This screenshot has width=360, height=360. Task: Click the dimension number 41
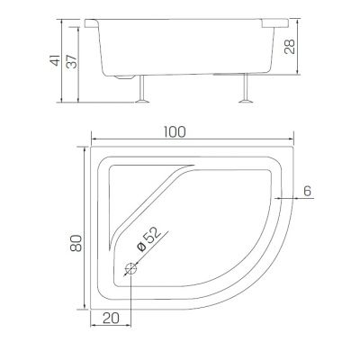click(x=55, y=60)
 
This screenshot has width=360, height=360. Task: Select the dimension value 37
click(x=72, y=61)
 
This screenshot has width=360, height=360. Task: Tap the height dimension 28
click(x=290, y=46)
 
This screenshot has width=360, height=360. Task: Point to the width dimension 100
click(x=175, y=132)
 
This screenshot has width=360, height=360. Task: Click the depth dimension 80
click(x=76, y=243)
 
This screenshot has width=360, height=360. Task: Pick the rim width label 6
click(x=307, y=191)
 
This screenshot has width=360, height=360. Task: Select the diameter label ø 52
click(x=148, y=238)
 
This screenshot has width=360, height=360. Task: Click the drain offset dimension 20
click(x=111, y=319)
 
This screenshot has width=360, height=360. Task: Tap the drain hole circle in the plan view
click(x=131, y=268)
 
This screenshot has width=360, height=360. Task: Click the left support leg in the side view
click(x=142, y=89)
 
